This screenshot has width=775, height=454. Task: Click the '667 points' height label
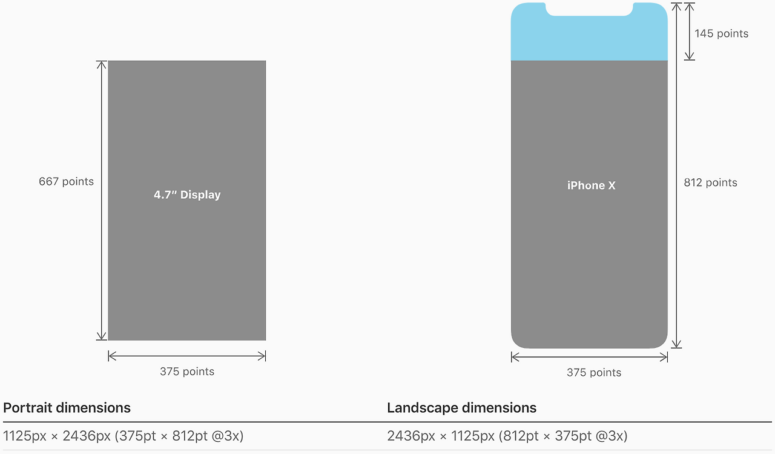coord(66,181)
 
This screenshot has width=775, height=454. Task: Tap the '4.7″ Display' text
coord(187,195)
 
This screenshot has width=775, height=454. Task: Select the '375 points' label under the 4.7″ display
coord(187,372)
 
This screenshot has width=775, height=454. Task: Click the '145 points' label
coord(721,33)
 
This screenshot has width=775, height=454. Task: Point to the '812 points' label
coord(711,182)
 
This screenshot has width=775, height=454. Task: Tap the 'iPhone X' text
coord(592,185)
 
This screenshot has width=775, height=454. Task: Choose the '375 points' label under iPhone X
coord(594,373)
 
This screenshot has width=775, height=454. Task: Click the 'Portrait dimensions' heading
coord(67,408)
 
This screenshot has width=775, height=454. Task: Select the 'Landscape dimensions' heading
coord(462,408)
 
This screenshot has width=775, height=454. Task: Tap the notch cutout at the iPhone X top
coord(590,9)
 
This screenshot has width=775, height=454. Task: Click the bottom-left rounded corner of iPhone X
coord(515,344)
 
